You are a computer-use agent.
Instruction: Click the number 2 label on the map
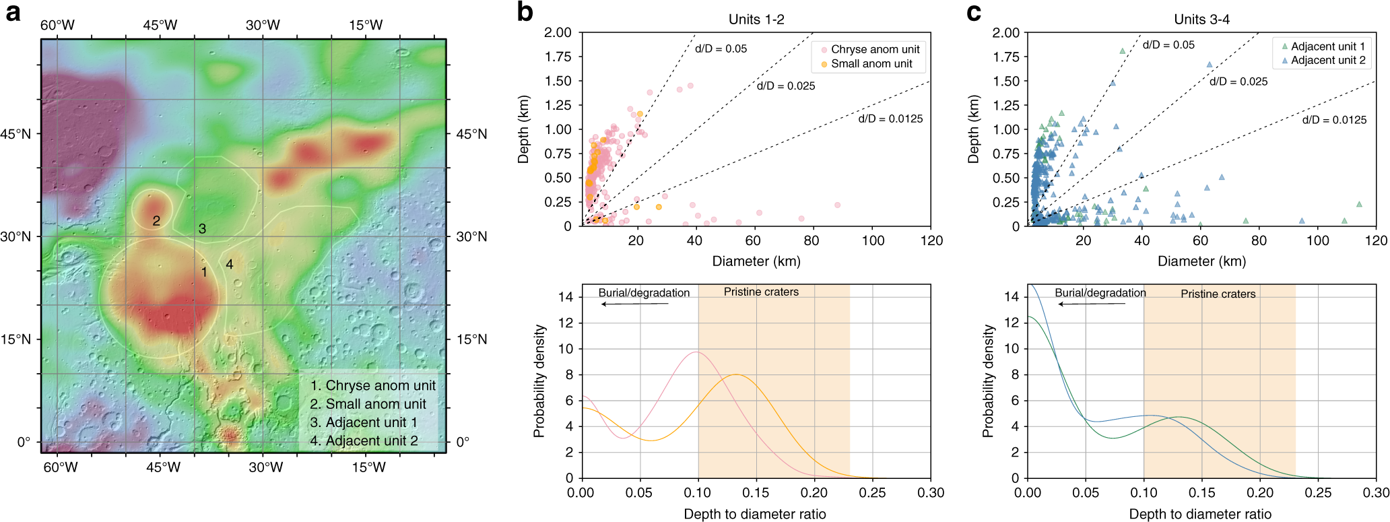[156, 221]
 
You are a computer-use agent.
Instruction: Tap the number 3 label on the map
[202, 229]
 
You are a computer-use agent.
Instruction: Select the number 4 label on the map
[230, 264]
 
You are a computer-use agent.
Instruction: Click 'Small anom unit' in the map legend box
[368, 404]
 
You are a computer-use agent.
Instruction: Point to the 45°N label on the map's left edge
[15, 134]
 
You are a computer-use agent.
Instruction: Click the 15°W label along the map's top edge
[366, 26]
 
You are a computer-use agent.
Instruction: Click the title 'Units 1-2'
[756, 20]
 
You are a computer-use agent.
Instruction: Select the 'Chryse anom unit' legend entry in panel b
[875, 49]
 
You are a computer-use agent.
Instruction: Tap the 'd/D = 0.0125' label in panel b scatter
[890, 119]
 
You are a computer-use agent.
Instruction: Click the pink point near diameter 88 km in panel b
[838, 205]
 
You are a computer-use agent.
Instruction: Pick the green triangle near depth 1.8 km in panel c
[1123, 51]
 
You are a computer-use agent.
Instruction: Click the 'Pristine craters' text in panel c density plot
[1218, 294]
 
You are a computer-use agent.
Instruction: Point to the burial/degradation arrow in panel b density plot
[634, 304]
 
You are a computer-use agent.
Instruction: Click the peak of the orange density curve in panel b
[737, 374]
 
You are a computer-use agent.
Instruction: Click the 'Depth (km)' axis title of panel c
[972, 129]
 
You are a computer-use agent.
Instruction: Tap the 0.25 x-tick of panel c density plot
[1318, 492]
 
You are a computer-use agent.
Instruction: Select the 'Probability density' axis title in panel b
[539, 381]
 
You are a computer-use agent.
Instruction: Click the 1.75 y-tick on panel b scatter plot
[558, 57]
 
